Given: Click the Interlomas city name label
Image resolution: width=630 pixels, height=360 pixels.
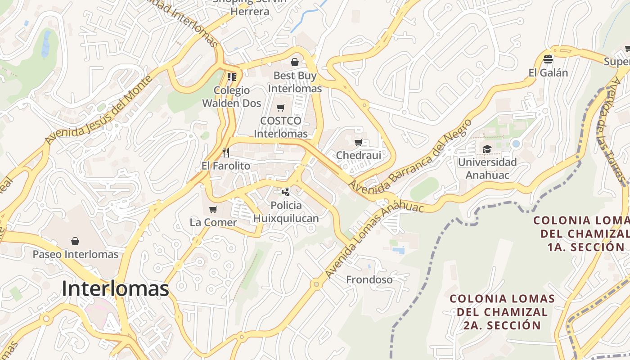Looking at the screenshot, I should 115,289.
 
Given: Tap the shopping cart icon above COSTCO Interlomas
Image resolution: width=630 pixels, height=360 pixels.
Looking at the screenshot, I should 281,108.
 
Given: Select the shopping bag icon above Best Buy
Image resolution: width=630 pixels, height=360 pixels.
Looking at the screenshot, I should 295,62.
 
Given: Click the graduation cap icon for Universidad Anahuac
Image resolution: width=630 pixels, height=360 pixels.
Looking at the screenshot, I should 487,149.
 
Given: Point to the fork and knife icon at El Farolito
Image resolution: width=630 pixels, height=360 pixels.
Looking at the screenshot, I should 225,153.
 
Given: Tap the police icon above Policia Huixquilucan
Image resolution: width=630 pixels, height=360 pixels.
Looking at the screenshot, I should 286,192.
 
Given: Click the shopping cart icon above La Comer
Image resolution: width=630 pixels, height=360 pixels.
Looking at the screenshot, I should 213,209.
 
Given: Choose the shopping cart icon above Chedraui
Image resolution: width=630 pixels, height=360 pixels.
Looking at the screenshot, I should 359,143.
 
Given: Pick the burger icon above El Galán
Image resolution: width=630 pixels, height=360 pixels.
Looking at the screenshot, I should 548,59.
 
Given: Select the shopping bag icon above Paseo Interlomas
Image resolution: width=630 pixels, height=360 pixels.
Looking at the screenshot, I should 75,241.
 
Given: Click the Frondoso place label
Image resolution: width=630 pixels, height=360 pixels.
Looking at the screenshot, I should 369,280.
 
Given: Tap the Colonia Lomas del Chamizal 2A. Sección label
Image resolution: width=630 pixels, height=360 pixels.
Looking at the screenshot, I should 502,312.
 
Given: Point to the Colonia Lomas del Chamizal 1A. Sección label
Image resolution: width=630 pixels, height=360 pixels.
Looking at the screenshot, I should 580,234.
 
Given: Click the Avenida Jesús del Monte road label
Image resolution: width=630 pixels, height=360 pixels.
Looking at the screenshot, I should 99,110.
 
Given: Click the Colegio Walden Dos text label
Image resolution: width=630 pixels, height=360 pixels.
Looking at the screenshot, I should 231,97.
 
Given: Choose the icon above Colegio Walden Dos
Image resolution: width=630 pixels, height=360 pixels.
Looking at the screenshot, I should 232,77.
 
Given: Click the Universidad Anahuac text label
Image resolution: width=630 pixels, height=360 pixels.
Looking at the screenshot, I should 487,168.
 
